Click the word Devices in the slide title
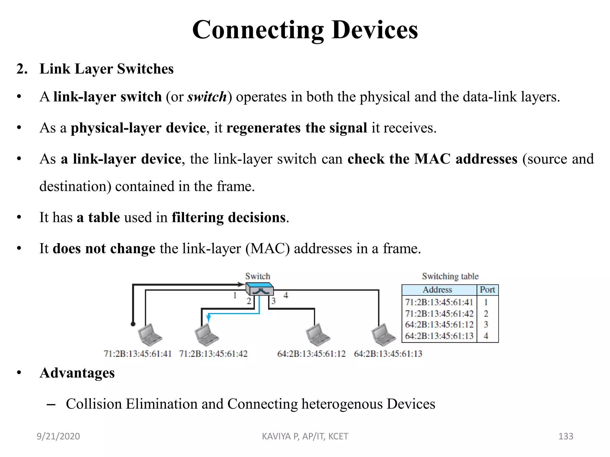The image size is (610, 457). tap(374, 30)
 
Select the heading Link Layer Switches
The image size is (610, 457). tap(106, 69)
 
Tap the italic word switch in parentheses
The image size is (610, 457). tap(207, 97)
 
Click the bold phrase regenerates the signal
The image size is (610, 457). tap(297, 128)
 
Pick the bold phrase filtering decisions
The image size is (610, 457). tap(229, 217)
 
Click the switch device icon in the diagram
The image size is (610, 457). tap(259, 288)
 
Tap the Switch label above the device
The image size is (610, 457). tap(257, 276)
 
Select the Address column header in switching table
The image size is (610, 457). tap(437, 289)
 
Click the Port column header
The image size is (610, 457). tap(487, 289)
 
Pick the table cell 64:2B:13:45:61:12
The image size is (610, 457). tap(439, 325)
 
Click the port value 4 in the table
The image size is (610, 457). tap(486, 336)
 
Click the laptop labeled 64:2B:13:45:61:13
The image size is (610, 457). tap(383, 334)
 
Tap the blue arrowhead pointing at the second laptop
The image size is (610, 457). tap(209, 318)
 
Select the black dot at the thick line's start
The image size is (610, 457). tap(133, 324)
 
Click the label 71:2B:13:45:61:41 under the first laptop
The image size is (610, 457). tap(138, 354)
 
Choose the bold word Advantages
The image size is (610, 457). tap(77, 373)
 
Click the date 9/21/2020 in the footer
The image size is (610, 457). tap(58, 436)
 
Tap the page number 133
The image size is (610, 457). tap(566, 436)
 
